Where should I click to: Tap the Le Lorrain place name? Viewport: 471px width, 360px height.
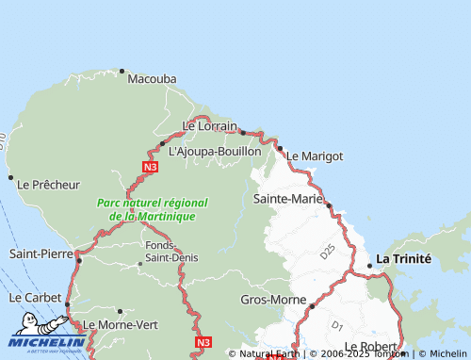click(x=209, y=125)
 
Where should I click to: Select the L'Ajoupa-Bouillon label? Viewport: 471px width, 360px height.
click(x=214, y=150)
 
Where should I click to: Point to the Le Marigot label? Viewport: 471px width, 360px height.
click(x=315, y=155)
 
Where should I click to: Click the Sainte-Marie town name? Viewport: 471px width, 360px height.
click(x=288, y=200)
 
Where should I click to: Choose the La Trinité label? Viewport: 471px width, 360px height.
click(x=403, y=258)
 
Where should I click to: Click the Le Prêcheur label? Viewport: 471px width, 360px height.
click(x=49, y=185)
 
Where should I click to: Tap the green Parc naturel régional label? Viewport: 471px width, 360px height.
click(x=152, y=209)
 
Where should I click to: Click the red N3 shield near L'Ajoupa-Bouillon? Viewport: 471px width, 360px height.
click(x=150, y=167)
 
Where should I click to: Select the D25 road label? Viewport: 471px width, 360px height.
click(x=327, y=253)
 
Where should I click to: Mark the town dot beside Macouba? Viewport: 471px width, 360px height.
click(x=122, y=71)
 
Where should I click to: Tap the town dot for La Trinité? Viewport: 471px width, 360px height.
click(x=369, y=265)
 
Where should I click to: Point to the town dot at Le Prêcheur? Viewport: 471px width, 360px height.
click(x=10, y=177)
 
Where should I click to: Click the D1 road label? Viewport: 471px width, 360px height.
click(x=337, y=325)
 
